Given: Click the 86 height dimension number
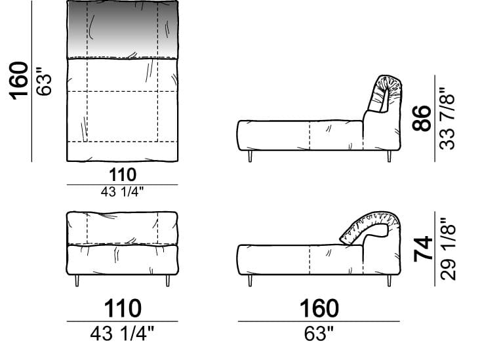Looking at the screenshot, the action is pyautogui.click(x=422, y=118).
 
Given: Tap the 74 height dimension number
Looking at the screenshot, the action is pyautogui.click(x=423, y=249).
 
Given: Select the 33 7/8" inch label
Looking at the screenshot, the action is pyautogui.click(x=447, y=119).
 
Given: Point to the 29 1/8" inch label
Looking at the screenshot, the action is pyautogui.click(x=448, y=249).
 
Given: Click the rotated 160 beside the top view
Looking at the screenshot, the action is pyautogui.click(x=18, y=81).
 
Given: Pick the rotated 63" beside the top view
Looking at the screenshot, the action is pyautogui.click(x=43, y=81).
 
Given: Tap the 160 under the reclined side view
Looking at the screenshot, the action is pyautogui.click(x=319, y=308).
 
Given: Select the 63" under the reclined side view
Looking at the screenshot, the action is pyautogui.click(x=319, y=333).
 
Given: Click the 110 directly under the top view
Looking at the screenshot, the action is pyautogui.click(x=123, y=175).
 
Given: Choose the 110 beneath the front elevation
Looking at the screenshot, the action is pyautogui.click(x=123, y=308).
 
